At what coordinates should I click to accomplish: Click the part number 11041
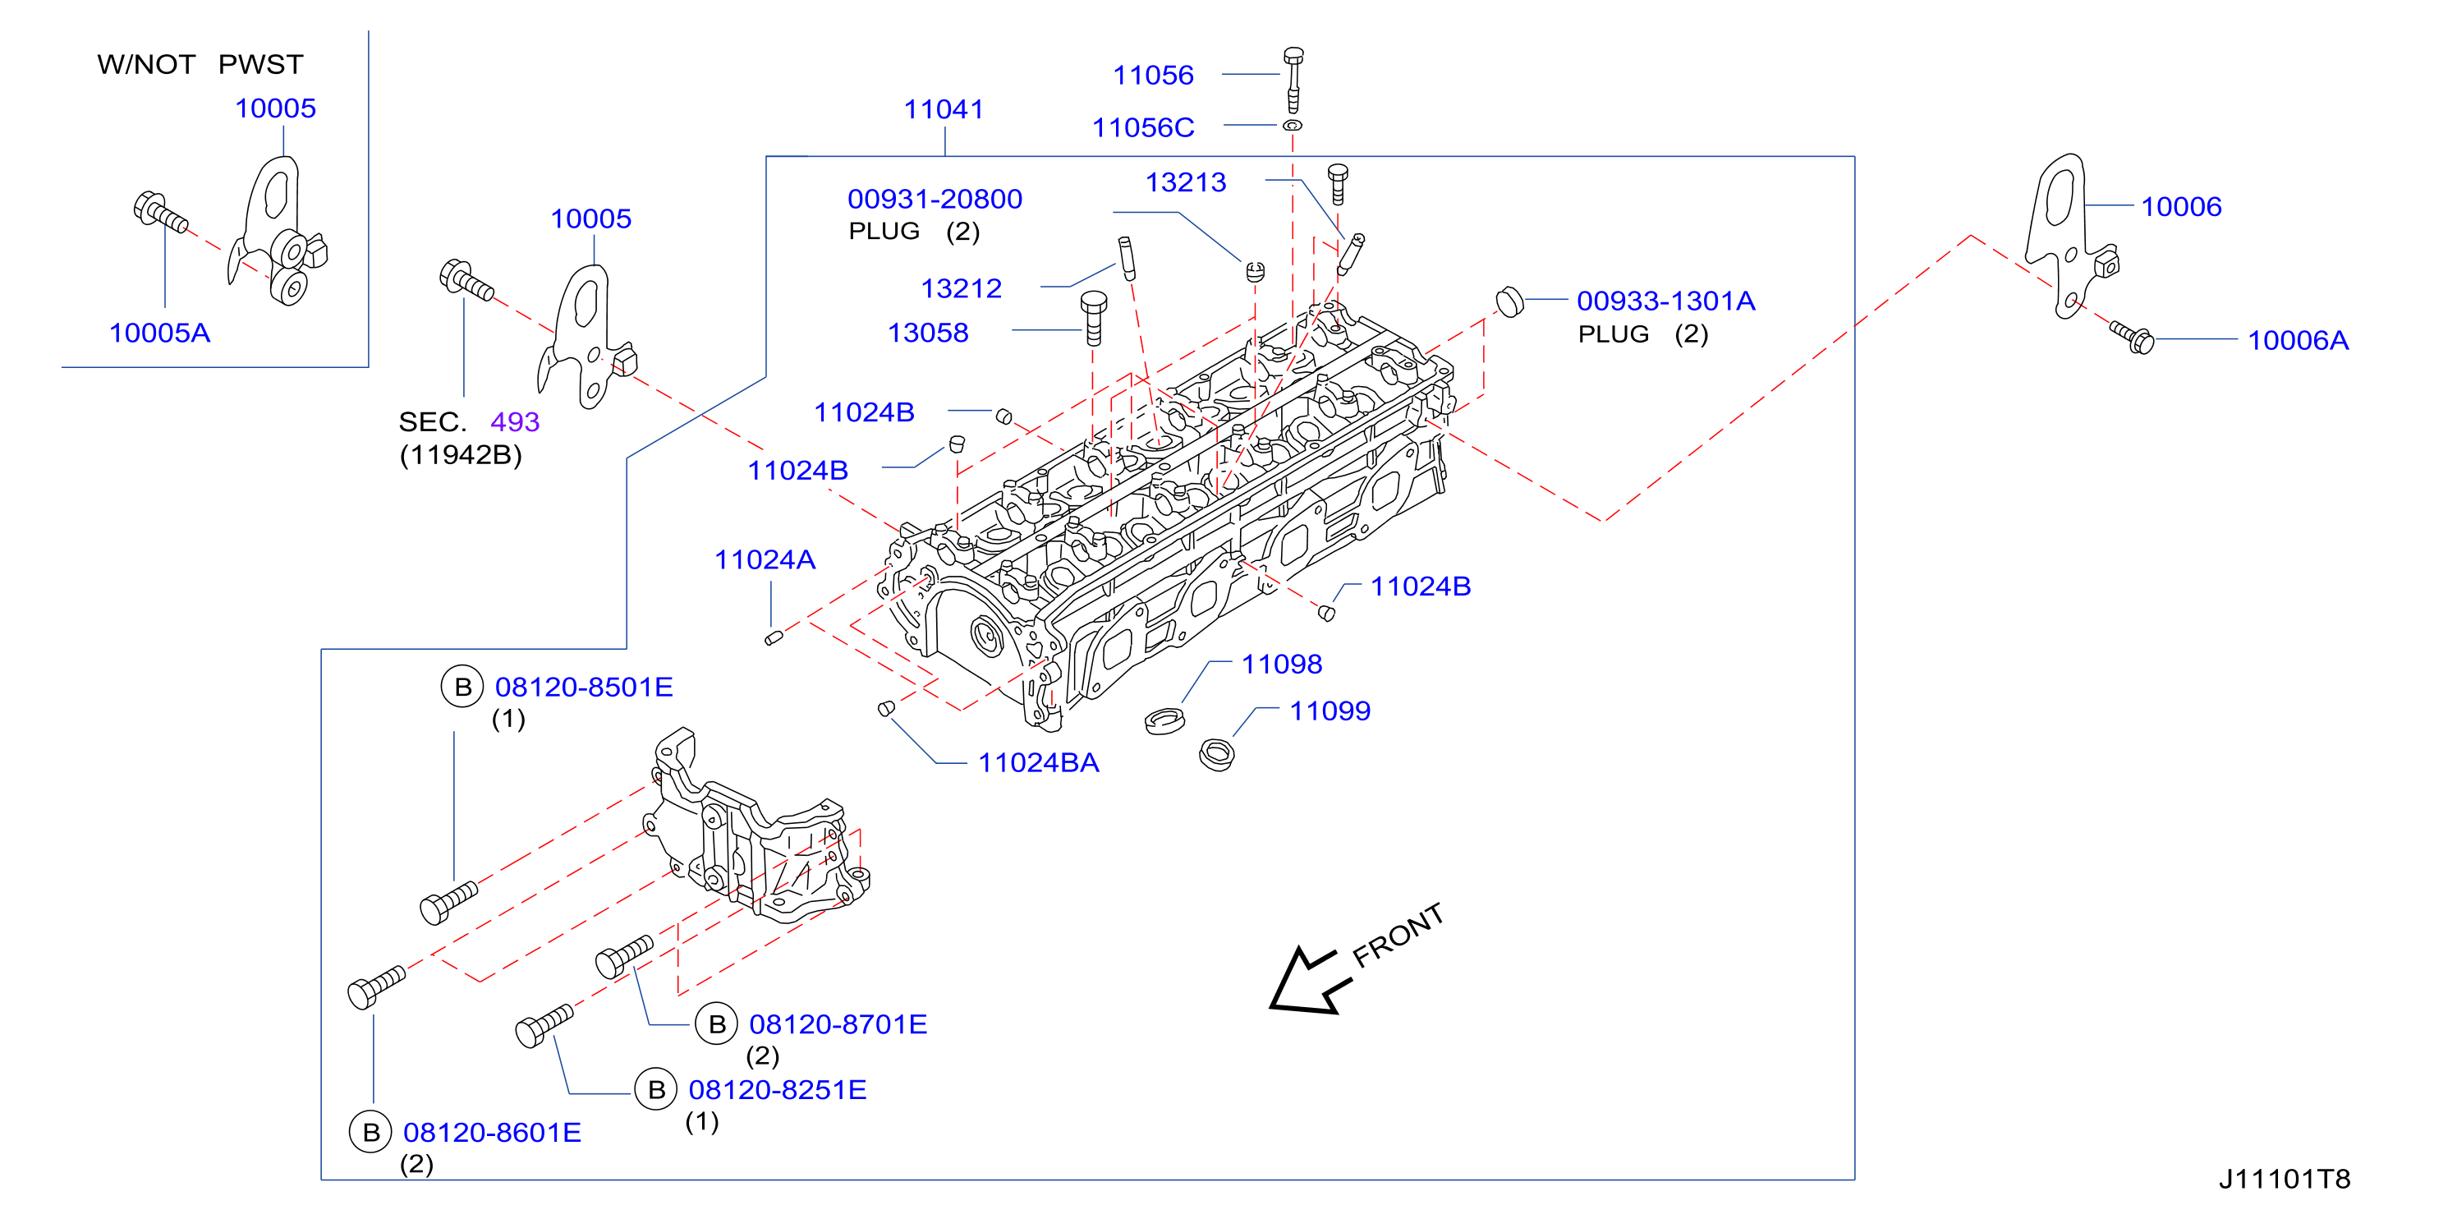(944, 110)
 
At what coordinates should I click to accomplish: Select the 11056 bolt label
(1153, 76)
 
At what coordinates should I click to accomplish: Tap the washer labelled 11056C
(1293, 125)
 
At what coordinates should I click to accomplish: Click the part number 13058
(928, 333)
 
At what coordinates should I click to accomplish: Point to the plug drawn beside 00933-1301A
(1509, 301)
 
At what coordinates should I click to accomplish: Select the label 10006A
(2298, 341)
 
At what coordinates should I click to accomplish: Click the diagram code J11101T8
(2285, 1180)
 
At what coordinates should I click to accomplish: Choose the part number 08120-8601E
(492, 1133)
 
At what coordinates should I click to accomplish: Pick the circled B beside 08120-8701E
(717, 1024)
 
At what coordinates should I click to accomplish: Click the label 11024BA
(1039, 763)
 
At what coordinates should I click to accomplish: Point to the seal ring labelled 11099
(1216, 755)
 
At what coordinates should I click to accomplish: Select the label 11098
(1282, 665)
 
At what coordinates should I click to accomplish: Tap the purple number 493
(515, 422)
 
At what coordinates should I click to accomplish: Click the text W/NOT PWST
(200, 65)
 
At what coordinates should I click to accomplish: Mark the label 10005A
(159, 333)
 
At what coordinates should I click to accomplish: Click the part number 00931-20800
(935, 200)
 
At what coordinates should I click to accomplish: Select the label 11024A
(765, 560)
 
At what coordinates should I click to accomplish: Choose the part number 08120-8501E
(584, 688)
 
